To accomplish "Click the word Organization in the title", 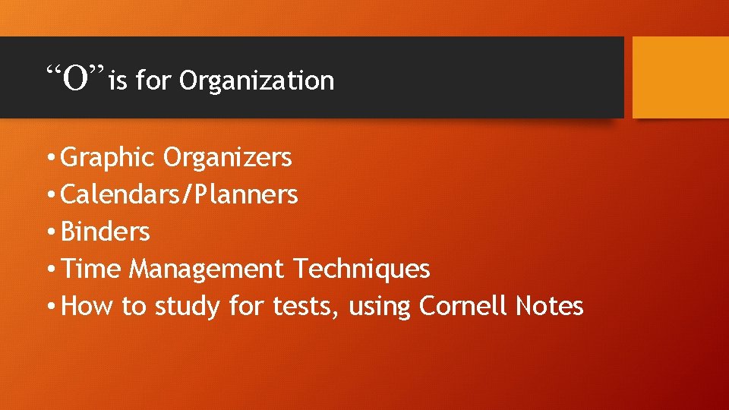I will [x=257, y=80].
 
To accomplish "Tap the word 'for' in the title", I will [x=155, y=80].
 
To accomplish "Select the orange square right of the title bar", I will [x=680, y=77].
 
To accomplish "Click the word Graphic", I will [x=108, y=158].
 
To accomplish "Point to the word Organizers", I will [x=227, y=158].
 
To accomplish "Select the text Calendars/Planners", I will [x=178, y=195].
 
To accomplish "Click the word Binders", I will [x=105, y=232].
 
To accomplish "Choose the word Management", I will [x=206, y=269].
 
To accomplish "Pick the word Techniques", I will [x=361, y=269].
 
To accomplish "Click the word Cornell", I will [x=463, y=306].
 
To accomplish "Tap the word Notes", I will [x=549, y=306].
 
